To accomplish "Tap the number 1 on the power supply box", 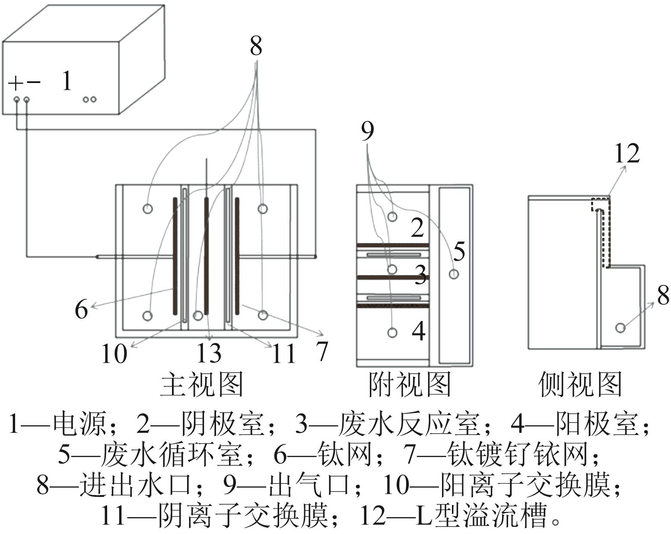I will pyautogui.click(x=66, y=80).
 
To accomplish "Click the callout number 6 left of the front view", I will pyautogui.click(x=81, y=309).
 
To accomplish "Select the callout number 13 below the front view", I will pyautogui.click(x=209, y=353).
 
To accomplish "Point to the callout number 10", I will pyautogui.click(x=114, y=354).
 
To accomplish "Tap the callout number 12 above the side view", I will pyautogui.click(x=626, y=153).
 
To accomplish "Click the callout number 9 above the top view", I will pyautogui.click(x=367, y=131).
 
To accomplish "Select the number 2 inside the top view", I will pyautogui.click(x=417, y=228).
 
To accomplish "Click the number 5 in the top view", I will pyautogui.click(x=459, y=251).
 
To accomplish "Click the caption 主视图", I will pyautogui.click(x=202, y=384).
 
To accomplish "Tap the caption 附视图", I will pyautogui.click(x=410, y=384).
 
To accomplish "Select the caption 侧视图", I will pyautogui.click(x=580, y=384).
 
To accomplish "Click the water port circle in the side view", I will pyautogui.click(x=620, y=328).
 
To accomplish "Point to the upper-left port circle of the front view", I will pyautogui.click(x=148, y=209).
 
